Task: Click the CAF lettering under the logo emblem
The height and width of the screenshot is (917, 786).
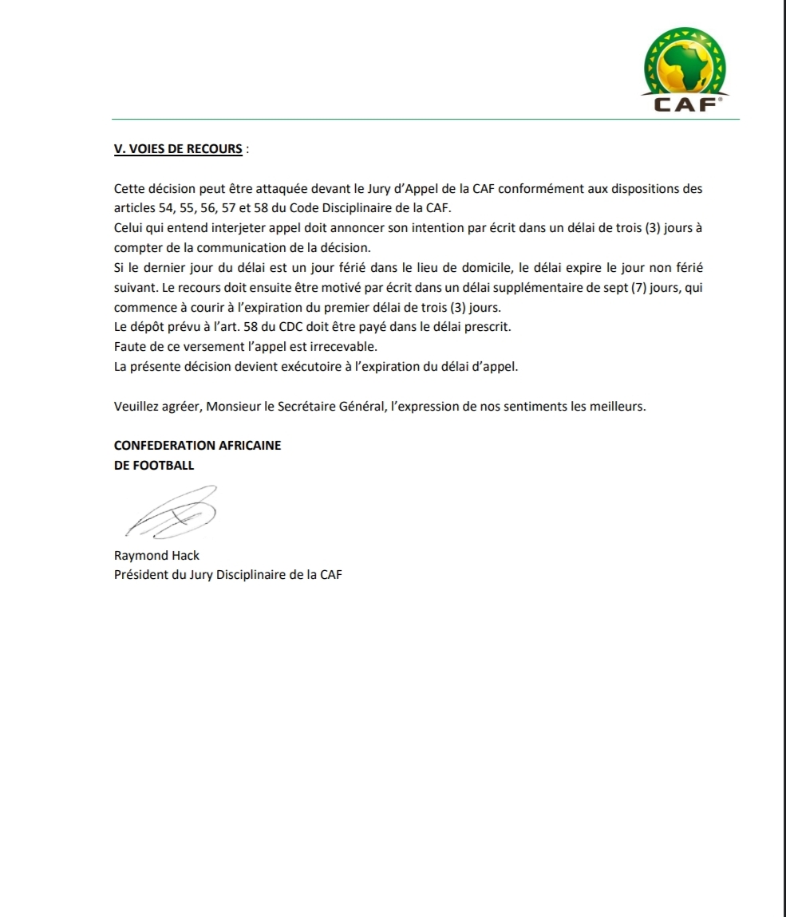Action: (683, 104)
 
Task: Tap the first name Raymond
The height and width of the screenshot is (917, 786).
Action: (140, 555)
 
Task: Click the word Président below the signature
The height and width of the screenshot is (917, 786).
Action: (140, 574)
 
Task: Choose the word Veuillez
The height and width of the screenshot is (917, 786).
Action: (137, 406)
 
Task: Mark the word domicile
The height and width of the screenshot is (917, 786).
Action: (485, 268)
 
